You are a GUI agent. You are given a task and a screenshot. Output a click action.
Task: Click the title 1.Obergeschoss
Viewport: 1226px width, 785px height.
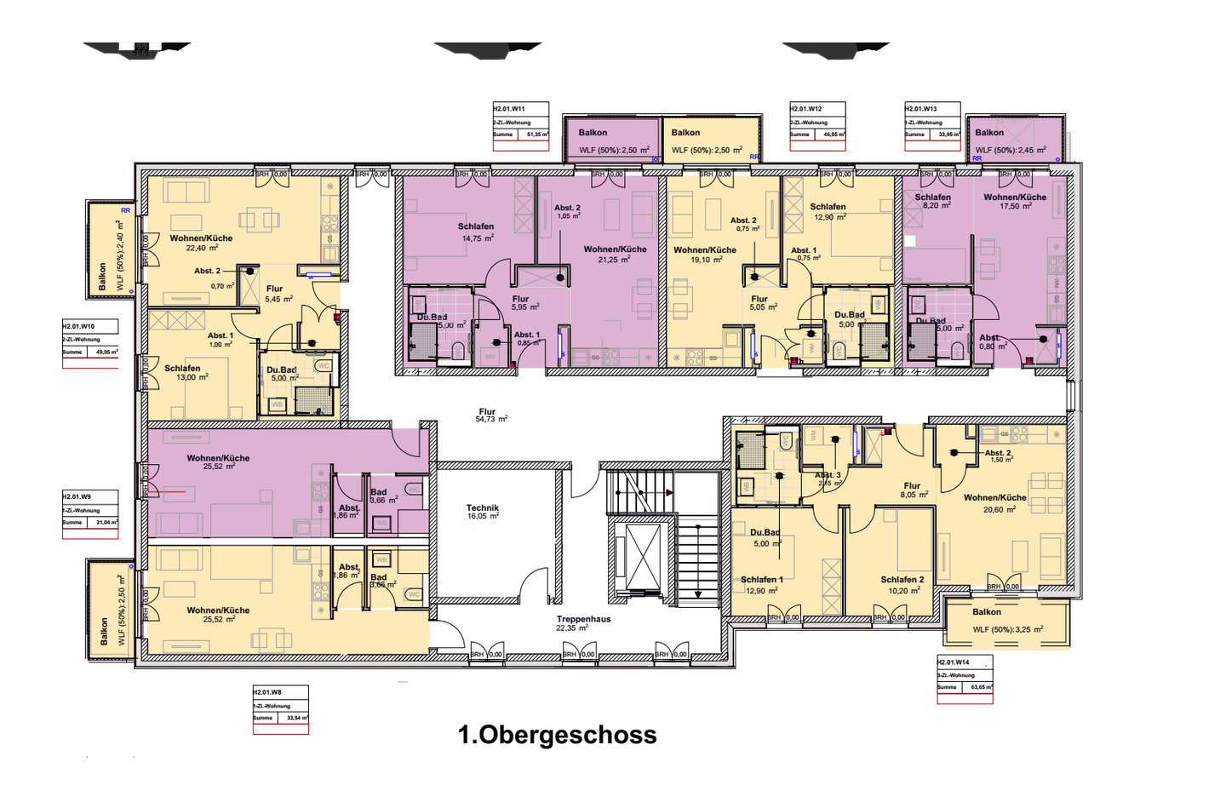(x=557, y=735)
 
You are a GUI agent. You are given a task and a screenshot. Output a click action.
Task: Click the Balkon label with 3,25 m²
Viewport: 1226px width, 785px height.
(x=988, y=612)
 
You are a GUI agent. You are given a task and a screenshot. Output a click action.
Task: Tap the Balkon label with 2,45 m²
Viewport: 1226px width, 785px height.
(x=989, y=133)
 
